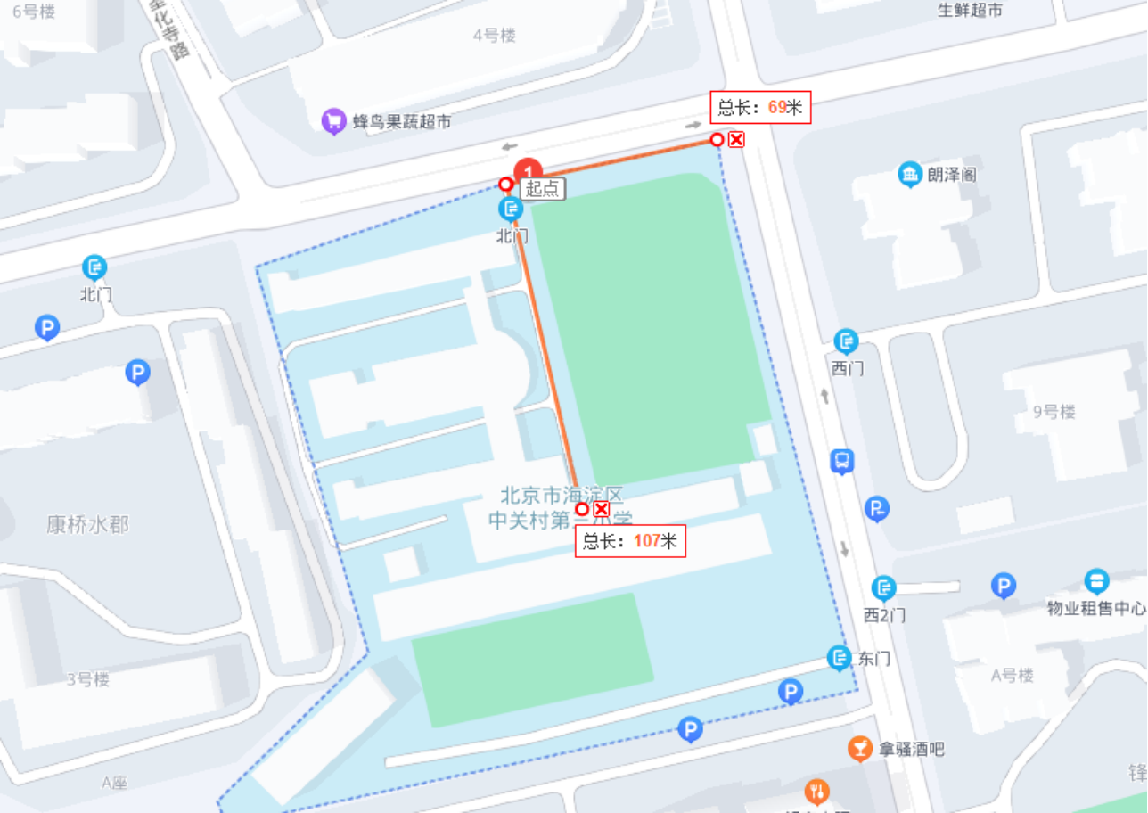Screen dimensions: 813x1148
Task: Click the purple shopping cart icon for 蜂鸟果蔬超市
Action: click(333, 120)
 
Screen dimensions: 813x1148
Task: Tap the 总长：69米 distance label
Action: click(760, 108)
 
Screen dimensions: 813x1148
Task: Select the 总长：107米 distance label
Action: click(629, 540)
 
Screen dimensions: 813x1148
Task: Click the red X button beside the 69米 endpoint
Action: click(736, 139)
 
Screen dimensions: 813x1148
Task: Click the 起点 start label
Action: click(543, 188)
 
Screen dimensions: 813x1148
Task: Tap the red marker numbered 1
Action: click(529, 170)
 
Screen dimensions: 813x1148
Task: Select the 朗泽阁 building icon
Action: click(909, 174)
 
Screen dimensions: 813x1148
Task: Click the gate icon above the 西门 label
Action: click(845, 341)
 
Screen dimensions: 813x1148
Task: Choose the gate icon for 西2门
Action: click(883, 588)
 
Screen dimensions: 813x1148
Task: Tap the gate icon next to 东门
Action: click(839, 659)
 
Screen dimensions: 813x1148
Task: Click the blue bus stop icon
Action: click(841, 462)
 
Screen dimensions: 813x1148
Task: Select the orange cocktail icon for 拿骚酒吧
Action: click(859, 749)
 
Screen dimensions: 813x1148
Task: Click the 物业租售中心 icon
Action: click(1096, 582)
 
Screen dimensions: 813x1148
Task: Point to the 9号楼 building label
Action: click(1054, 412)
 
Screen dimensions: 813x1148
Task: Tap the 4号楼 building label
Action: click(495, 36)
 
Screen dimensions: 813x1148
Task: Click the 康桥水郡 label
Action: click(87, 524)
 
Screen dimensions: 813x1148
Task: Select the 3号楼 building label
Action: click(87, 679)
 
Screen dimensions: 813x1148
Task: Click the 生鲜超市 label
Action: click(970, 10)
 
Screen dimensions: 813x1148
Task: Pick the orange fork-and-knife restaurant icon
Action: click(816, 791)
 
